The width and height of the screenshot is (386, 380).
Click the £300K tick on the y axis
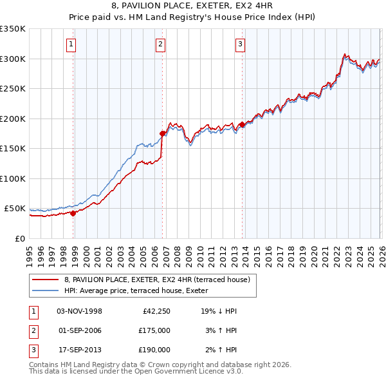pyautogui.click(x=13, y=59)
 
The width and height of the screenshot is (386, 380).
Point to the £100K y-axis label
pyautogui.click(x=13, y=178)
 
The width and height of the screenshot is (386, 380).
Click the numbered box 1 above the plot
pyautogui.click(x=70, y=44)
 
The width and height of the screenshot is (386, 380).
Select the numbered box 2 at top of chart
pyautogui.click(x=160, y=44)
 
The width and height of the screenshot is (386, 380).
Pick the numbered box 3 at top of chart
pyautogui.click(x=239, y=44)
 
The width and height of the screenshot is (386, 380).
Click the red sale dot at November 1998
pyautogui.click(x=73, y=213)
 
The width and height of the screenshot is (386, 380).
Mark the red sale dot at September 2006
pyautogui.click(x=162, y=134)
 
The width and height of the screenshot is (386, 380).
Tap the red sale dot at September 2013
pyautogui.click(x=242, y=124)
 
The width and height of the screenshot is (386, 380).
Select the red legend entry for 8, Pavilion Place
pyautogui.click(x=160, y=279)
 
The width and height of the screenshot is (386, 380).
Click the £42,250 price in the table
pyautogui.click(x=156, y=311)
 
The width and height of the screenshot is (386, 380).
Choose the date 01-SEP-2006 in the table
pyautogui.click(x=80, y=330)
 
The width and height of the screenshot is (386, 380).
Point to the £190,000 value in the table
pyautogui.click(x=154, y=350)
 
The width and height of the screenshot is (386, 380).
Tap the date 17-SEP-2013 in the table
pyautogui.click(x=80, y=350)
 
